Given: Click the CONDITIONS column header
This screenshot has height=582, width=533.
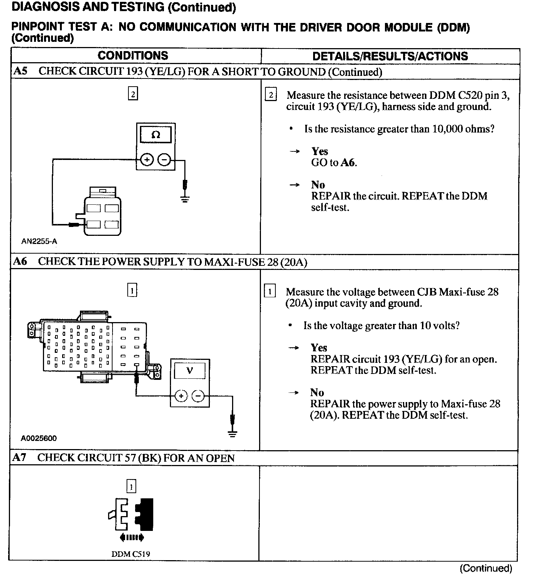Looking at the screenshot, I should [x=133, y=56].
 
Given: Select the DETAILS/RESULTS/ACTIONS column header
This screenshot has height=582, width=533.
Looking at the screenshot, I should [x=390, y=56].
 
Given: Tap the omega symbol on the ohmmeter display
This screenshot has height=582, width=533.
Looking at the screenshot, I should [x=156, y=135].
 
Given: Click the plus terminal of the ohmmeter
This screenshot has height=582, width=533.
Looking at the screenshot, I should [x=147, y=160].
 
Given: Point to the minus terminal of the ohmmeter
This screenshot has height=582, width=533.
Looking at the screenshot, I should [x=164, y=160].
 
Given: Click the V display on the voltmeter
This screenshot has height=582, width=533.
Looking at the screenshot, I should [x=190, y=370].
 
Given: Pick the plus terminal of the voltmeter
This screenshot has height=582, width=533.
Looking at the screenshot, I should [x=181, y=396].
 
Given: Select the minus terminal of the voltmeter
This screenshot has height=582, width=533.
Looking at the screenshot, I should [x=198, y=396].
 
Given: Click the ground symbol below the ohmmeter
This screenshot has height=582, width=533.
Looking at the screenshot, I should [x=185, y=199].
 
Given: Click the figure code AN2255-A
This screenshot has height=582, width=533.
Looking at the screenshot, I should [x=39, y=241].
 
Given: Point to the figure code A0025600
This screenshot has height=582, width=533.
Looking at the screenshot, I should [x=39, y=438].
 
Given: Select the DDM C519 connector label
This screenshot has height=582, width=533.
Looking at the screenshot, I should [x=131, y=554].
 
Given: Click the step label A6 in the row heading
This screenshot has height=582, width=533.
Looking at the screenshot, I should [x=20, y=262].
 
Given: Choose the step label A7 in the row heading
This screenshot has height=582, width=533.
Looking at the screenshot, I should [x=19, y=458].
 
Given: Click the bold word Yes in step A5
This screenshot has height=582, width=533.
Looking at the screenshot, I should [x=319, y=151].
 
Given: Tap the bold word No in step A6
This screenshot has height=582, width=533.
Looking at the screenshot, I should [x=317, y=392].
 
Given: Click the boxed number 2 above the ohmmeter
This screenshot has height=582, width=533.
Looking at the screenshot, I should [x=133, y=94].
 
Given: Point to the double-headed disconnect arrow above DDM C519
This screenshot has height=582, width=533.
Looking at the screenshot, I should [x=132, y=538].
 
